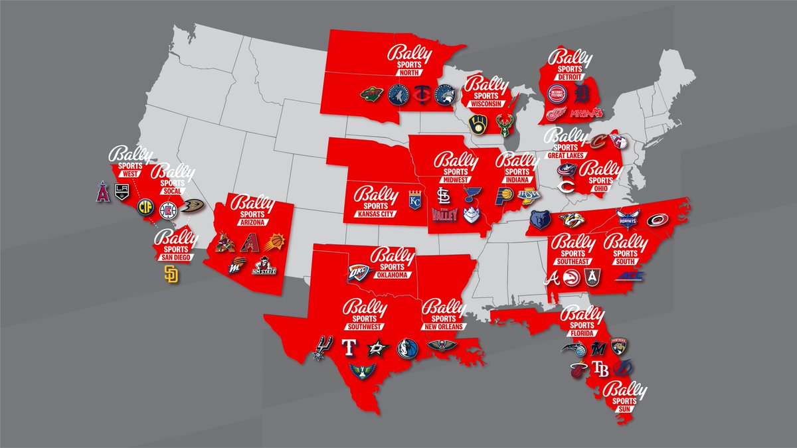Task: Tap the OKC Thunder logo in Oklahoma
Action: (358, 272)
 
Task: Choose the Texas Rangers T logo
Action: (349, 348)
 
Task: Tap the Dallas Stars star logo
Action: (377, 348)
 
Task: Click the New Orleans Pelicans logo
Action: (438, 346)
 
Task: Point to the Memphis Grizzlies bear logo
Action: (541, 220)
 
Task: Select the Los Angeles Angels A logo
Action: (104, 191)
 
